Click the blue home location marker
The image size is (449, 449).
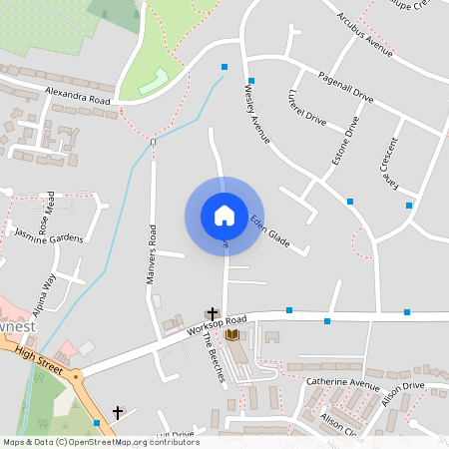coord(224,216)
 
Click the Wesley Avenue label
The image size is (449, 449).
coord(257,112)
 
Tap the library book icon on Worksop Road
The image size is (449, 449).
coord(232,335)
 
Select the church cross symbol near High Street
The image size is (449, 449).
coord(118,411)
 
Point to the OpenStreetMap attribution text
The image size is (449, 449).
coord(100,441)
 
